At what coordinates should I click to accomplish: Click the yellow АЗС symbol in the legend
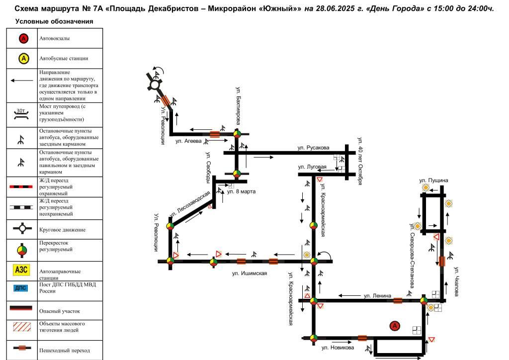coord(21,270)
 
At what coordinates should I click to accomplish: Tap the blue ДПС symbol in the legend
coord(21,288)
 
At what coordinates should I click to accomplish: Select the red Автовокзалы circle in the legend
coord(23,39)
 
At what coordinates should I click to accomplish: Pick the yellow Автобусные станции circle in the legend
coord(23,59)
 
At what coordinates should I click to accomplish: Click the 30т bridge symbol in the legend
coord(21,114)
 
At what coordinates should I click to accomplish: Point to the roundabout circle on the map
coord(155,85)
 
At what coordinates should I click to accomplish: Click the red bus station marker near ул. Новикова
coord(395,326)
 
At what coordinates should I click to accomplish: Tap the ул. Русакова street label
coord(313,148)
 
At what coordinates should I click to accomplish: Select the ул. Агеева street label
coord(188,141)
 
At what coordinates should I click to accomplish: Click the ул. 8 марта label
coord(241,191)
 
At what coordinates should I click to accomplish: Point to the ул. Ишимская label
coord(250,273)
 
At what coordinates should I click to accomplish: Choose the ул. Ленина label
coord(377,296)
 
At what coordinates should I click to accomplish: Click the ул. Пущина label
coord(433,180)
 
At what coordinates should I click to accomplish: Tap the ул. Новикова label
coord(338,348)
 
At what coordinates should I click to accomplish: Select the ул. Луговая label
coord(312,167)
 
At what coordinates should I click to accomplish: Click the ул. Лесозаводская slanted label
coord(190,205)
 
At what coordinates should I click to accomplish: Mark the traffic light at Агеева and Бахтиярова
coord(237,133)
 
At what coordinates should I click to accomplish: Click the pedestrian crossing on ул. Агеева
coord(215,134)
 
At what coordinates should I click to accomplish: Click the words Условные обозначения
coord(54,21)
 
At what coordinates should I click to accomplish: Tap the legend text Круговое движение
coord(62,230)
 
